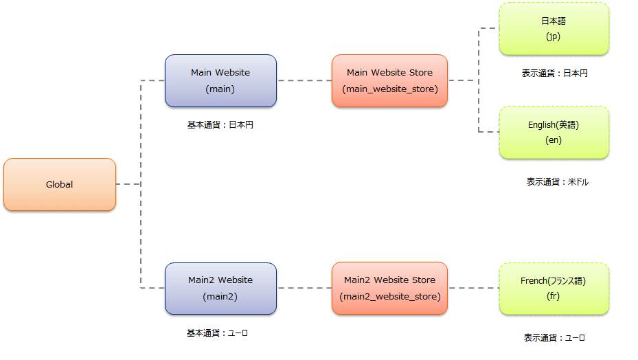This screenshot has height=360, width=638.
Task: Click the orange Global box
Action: click(60, 184)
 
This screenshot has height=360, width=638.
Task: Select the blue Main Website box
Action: click(220, 80)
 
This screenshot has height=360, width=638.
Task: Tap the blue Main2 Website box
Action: click(220, 288)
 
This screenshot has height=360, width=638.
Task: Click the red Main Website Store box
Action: click(389, 80)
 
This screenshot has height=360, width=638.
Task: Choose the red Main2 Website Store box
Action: click(389, 288)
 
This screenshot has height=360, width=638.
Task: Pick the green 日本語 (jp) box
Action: click(554, 28)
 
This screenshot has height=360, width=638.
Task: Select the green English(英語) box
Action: click(554, 132)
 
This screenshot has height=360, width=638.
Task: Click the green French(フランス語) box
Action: click(554, 289)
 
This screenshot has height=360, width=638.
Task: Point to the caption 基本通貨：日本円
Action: click(220, 125)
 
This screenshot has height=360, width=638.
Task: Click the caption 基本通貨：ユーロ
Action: click(217, 333)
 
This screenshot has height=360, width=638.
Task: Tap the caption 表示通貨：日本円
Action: click(554, 73)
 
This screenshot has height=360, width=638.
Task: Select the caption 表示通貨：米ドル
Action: click(558, 182)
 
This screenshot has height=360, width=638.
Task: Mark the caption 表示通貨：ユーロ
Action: click(554, 337)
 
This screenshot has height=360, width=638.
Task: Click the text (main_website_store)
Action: click(389, 89)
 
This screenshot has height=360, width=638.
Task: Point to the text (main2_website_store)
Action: click(389, 297)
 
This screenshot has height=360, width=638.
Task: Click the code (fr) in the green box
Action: click(554, 297)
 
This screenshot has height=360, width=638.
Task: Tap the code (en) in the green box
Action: click(554, 140)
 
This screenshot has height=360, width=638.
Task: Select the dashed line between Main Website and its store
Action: click(304, 80)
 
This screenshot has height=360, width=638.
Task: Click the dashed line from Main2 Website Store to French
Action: click(473, 288)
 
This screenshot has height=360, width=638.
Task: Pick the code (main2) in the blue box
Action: click(220, 297)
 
